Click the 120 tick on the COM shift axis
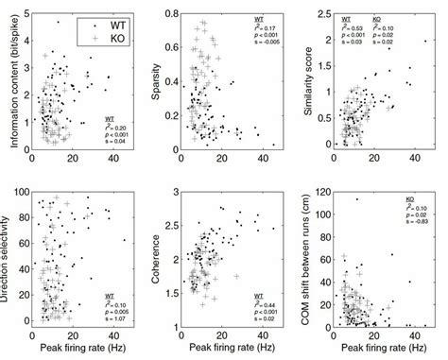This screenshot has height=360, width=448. (324, 193)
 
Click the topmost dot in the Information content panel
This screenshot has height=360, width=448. (58, 23)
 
